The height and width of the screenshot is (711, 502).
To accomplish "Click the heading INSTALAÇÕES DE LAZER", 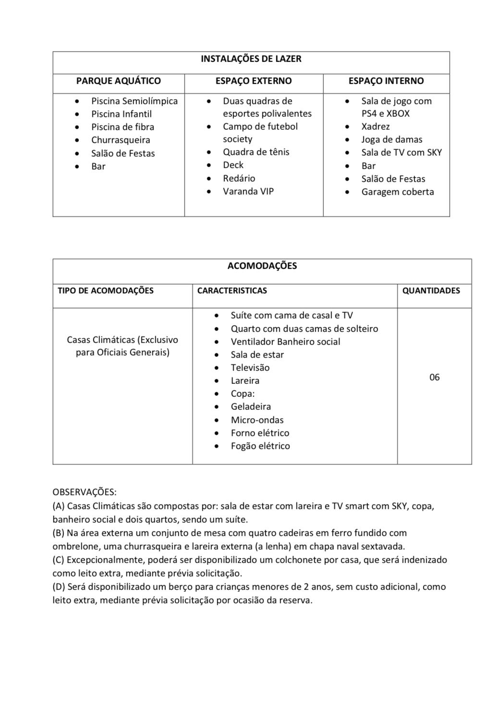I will (x=251, y=59).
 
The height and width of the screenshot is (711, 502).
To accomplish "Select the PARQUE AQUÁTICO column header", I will (x=118, y=81).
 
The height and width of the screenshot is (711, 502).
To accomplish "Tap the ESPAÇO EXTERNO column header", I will (x=253, y=81).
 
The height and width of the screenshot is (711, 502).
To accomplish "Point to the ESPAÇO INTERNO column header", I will (x=386, y=81).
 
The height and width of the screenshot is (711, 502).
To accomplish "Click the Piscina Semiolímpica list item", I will (x=135, y=101).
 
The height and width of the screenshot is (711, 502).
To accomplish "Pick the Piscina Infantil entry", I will (x=121, y=114).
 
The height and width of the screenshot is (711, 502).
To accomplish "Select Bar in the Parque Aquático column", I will (x=98, y=167).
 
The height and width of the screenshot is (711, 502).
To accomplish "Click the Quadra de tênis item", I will (x=256, y=152).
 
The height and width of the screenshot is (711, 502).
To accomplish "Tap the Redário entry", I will (x=239, y=178).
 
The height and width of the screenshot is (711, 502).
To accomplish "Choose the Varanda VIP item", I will (x=248, y=191).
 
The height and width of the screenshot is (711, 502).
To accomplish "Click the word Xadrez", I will (x=375, y=127).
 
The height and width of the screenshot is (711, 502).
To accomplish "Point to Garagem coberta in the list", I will (x=397, y=192).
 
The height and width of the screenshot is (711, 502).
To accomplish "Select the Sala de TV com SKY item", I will (x=401, y=153).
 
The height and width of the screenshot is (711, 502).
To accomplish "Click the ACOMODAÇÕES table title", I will (x=262, y=266).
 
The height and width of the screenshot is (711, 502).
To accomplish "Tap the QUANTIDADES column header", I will (x=431, y=291).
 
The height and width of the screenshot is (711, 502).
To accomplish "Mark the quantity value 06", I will (x=434, y=378).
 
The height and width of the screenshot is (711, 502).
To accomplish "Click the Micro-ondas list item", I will (x=257, y=420).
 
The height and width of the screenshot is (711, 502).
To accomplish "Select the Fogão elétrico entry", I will (x=260, y=446).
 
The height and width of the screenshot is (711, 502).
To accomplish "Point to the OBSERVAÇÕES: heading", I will (x=85, y=492).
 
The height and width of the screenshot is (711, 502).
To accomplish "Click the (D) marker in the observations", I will (x=59, y=587).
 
